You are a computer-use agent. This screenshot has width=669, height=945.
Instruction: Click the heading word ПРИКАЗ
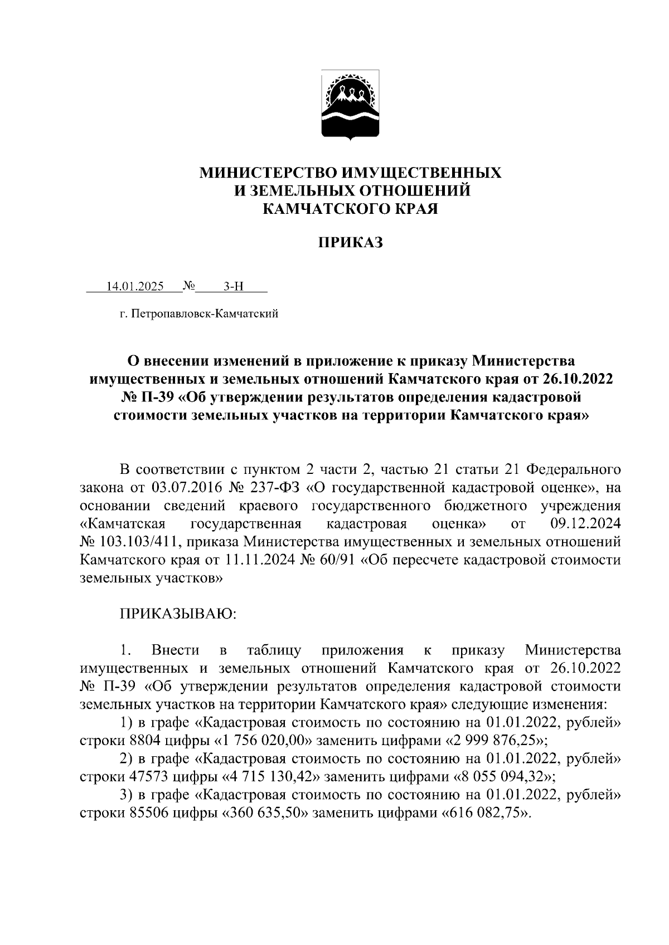tap(351, 243)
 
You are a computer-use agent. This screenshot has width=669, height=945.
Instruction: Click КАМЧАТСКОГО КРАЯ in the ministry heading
tap(351, 209)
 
